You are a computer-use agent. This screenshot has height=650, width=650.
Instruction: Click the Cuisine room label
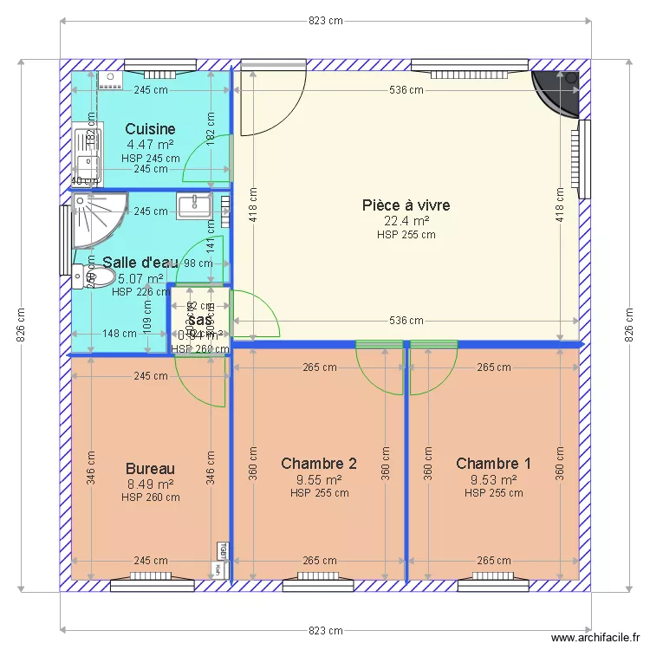150,129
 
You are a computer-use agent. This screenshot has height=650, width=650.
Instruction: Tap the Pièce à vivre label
406,205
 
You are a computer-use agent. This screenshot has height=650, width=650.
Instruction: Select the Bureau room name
150,469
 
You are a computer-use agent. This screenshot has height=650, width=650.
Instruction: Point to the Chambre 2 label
319,464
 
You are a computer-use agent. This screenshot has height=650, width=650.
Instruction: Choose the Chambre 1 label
493,464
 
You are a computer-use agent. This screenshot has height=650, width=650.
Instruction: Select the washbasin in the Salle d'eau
194,205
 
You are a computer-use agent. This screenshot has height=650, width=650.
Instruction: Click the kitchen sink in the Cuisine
86,151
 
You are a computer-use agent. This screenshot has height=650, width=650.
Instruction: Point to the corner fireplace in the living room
559,91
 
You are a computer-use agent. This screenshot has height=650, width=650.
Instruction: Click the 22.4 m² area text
406,220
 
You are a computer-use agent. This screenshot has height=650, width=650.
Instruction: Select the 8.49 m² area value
150,484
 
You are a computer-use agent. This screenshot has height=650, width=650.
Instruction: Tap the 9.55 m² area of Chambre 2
319,479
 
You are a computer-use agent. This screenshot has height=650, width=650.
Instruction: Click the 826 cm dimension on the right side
629,325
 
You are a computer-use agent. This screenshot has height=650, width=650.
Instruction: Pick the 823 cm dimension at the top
325,21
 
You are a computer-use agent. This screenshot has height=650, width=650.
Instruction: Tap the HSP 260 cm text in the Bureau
150,497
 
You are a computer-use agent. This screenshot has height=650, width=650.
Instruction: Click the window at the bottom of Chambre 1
492,583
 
